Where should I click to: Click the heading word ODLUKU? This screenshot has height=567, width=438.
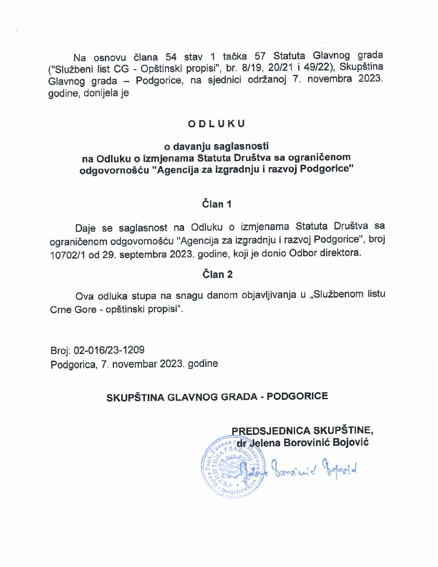click(216, 124)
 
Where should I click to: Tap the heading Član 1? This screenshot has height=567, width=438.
click(217, 204)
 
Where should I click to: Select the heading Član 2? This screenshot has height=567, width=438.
click(217, 274)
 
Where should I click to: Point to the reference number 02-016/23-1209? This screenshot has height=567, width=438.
click(109, 350)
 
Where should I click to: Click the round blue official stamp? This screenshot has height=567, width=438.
click(233, 466)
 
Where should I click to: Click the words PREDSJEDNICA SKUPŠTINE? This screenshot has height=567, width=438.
click(302, 430)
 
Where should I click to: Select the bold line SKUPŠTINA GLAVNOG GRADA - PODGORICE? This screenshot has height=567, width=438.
click(217, 397)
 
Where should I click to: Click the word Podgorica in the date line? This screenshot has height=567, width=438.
click(73, 364)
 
